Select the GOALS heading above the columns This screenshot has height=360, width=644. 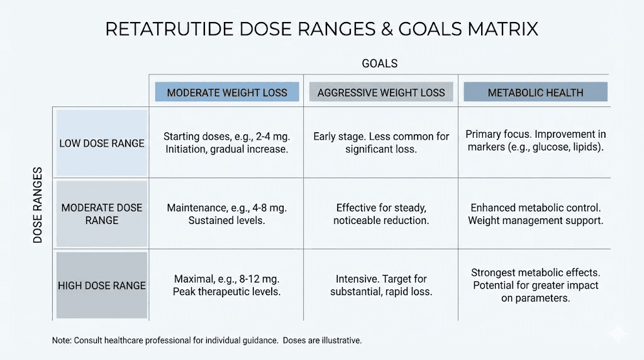click(379, 64)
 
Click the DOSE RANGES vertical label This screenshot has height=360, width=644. click(38, 205)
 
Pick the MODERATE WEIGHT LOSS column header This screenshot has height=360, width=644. click(227, 93)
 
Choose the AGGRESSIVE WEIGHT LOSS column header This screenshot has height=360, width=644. click(381, 93)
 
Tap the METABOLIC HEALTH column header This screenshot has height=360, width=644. click(535, 93)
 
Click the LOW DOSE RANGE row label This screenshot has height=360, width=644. click(102, 143)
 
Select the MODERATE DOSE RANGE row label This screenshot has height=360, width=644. click(102, 213)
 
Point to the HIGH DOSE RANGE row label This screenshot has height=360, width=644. click(102, 285)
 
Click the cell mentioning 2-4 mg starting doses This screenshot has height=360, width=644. click(226, 143)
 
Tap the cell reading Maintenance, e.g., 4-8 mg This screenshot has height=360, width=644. click(226, 213)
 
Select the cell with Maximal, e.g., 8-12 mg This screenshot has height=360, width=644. click(226, 285)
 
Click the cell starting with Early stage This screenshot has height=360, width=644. click(381, 143)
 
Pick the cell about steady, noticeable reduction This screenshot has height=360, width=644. click(381, 213)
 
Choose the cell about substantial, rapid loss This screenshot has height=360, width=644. click(381, 285)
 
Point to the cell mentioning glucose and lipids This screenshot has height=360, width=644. click(535, 140)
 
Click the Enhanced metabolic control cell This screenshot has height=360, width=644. click(535, 213)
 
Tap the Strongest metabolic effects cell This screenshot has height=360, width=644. click(535, 285)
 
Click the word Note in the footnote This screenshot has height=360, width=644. click(61, 340)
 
